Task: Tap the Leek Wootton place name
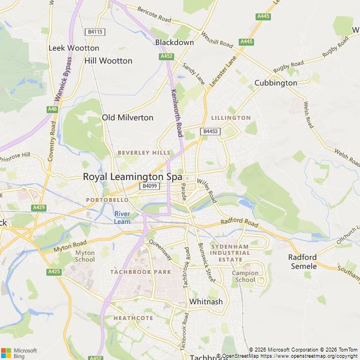tap(74, 48)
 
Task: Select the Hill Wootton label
tap(108, 61)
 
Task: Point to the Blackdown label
tap(174, 42)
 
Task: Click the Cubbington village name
tap(276, 83)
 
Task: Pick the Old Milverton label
tap(127, 118)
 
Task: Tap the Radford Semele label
tap(303, 262)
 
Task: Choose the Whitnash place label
tap(206, 301)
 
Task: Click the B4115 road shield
tap(95, 32)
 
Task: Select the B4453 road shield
tap(210, 131)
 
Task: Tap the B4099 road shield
tap(149, 186)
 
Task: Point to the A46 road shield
tap(52, 109)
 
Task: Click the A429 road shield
tap(39, 208)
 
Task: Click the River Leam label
tap(122, 218)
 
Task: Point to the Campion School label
tap(245, 277)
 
